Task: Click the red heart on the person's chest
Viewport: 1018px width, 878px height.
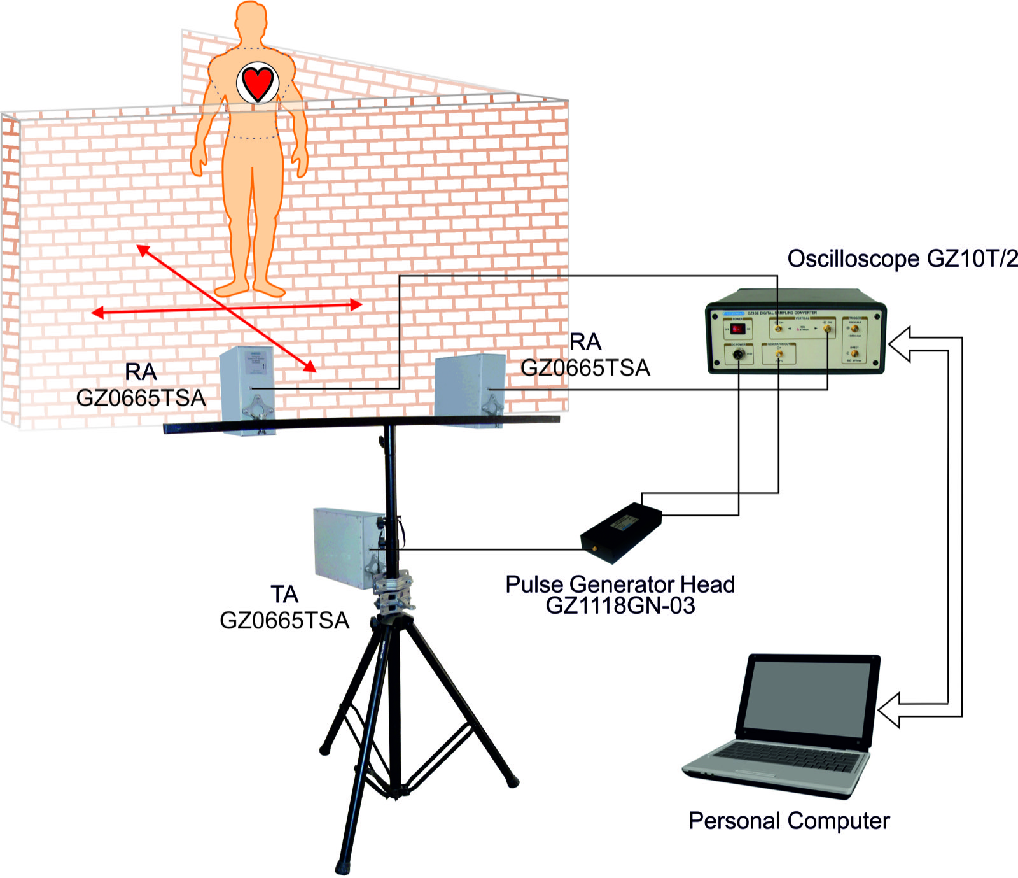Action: [x=258, y=83]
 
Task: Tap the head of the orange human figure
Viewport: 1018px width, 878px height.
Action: [x=251, y=22]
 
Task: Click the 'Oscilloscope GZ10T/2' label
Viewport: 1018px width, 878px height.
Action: [x=902, y=259]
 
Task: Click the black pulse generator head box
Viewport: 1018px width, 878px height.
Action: [x=622, y=532]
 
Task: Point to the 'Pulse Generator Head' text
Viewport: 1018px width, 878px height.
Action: [x=620, y=584]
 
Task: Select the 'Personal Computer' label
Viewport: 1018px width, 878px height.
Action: [x=788, y=821]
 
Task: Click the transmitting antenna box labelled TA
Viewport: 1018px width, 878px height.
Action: [x=347, y=544]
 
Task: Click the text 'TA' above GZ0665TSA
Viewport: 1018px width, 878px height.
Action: [x=284, y=594]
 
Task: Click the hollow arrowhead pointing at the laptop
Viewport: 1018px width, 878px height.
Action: [x=889, y=710]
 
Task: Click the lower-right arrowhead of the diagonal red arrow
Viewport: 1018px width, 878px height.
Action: [x=310, y=366]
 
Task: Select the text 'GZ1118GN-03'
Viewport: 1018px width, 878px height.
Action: [x=620, y=605]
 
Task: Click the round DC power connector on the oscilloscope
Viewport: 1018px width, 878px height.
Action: [x=738, y=355]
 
